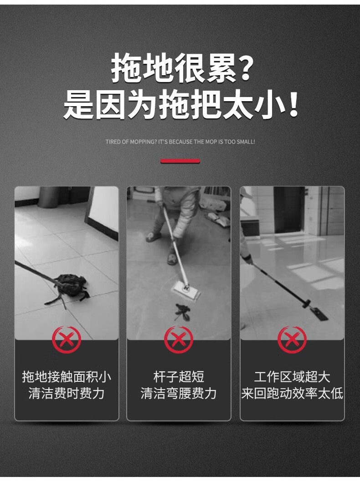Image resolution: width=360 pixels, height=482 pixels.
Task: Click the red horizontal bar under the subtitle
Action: coord(180,161)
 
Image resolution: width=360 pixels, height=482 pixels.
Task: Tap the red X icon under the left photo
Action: coord(66,340)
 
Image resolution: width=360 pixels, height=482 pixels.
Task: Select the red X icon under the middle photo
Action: coord(178,340)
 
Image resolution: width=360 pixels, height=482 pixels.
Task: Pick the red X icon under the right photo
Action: coord(292,340)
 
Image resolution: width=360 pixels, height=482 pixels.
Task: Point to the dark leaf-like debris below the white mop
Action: coord(182,312)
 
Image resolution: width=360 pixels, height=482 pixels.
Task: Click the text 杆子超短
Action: coord(179,377)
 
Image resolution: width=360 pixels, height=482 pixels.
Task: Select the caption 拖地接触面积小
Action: coord(67,377)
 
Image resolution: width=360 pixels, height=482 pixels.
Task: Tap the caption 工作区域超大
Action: coord(292,377)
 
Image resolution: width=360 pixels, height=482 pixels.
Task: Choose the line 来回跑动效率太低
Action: coord(292,394)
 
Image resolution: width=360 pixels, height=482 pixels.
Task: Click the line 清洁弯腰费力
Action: coord(179,394)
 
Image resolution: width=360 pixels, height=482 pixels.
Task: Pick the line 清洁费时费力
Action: coord(67,394)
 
